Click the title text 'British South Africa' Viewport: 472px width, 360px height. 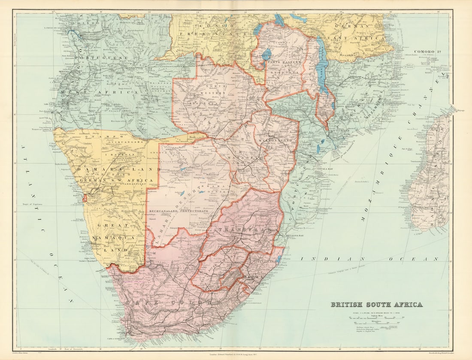click(376, 305)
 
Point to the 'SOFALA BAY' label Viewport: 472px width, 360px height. click(326, 169)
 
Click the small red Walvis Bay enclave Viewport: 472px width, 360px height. click(85, 198)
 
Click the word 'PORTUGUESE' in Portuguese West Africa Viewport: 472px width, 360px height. click(102, 57)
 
